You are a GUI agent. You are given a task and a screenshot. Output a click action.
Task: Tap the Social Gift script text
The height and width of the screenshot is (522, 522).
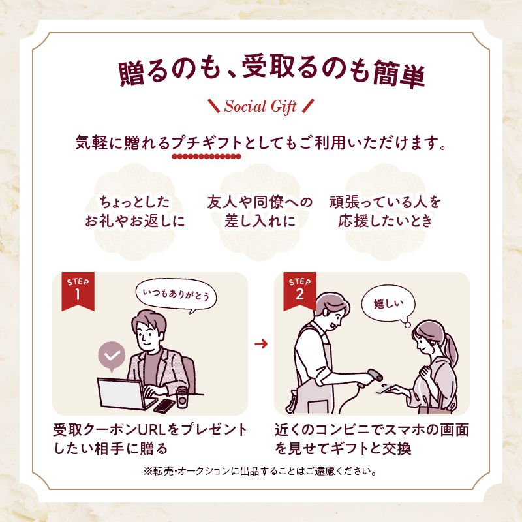click(261, 106)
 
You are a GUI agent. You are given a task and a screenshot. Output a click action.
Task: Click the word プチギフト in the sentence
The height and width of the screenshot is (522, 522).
click(206, 142)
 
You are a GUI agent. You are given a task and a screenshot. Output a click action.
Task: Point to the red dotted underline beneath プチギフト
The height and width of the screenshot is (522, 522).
click(206, 157)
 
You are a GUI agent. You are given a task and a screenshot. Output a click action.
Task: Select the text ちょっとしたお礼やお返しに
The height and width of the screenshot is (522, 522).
click(135, 211)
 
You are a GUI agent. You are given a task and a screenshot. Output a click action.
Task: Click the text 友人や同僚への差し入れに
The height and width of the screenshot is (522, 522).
click(260, 211)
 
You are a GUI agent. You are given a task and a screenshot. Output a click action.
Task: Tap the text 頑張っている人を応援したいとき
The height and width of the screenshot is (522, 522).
click(385, 211)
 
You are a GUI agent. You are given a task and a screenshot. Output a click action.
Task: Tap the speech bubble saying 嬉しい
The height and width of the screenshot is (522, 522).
click(389, 303)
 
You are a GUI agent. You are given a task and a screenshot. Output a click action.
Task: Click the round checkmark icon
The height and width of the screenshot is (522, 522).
click(112, 356)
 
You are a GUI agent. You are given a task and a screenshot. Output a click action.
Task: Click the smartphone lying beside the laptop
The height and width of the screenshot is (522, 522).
click(164, 405)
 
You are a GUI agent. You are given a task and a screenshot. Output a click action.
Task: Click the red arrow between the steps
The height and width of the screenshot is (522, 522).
click(261, 344)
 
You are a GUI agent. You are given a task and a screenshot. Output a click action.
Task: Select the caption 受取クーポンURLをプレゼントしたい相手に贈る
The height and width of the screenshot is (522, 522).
click(150, 439)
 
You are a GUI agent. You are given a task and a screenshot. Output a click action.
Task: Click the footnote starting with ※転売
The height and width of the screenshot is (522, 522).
click(261, 471)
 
